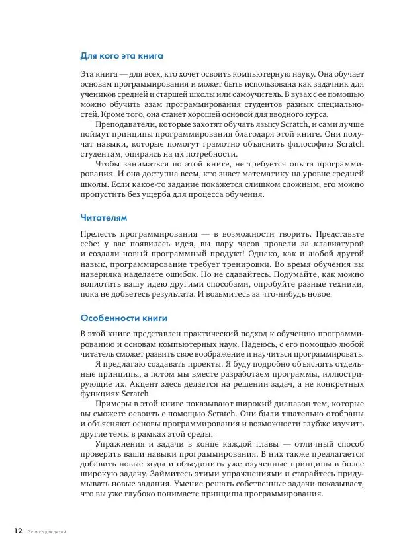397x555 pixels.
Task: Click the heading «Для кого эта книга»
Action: tap(121, 56)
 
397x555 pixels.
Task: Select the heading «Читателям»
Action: tap(103, 217)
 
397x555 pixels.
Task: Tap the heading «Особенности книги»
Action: tap(124, 318)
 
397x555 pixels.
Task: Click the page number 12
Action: tap(18, 530)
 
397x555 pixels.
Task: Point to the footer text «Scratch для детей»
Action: tap(47, 531)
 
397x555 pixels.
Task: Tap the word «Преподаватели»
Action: tap(127, 125)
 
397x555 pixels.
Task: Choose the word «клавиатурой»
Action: tap(333, 244)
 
